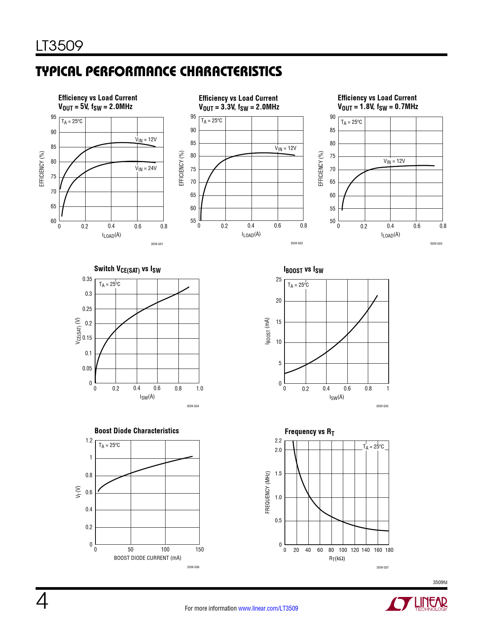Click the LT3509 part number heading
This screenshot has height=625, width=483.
click(x=59, y=46)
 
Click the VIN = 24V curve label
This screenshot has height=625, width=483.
click(x=146, y=169)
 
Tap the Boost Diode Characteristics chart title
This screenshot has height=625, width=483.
click(x=136, y=431)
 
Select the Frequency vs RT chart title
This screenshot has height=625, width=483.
click(x=309, y=432)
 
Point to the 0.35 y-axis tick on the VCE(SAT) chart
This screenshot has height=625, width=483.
click(x=87, y=279)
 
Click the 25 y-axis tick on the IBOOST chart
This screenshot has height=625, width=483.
click(x=279, y=280)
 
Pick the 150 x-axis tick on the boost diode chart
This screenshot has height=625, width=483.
click(x=200, y=550)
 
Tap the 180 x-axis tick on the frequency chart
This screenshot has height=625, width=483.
click(x=389, y=550)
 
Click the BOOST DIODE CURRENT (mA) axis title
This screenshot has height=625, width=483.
click(x=147, y=558)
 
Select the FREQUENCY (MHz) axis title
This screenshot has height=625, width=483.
click(x=267, y=492)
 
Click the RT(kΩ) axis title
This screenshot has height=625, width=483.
click(x=337, y=558)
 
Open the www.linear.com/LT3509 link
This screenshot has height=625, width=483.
click(x=268, y=608)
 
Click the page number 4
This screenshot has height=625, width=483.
click(x=42, y=602)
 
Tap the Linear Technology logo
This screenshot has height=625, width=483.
click(x=416, y=604)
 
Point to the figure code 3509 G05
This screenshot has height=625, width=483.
click(x=382, y=406)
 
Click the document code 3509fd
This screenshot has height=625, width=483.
click(x=440, y=582)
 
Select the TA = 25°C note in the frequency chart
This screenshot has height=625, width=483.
click(x=373, y=447)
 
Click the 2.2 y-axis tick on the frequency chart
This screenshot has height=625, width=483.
click(x=278, y=441)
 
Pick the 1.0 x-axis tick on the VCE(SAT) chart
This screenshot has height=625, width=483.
click(x=200, y=388)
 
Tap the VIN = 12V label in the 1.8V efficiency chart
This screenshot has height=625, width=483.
click(x=394, y=161)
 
